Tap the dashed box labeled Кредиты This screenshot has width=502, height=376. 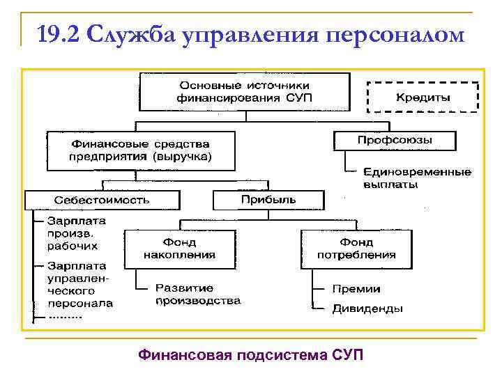point(423,97)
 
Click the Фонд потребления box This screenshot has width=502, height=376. point(356,249)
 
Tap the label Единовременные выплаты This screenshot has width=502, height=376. point(416,178)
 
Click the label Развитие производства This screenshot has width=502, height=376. point(198,294)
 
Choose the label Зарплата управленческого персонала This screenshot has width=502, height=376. point(79,284)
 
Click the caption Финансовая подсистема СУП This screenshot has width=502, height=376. point(250,355)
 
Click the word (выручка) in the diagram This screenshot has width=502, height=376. point(182,157)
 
